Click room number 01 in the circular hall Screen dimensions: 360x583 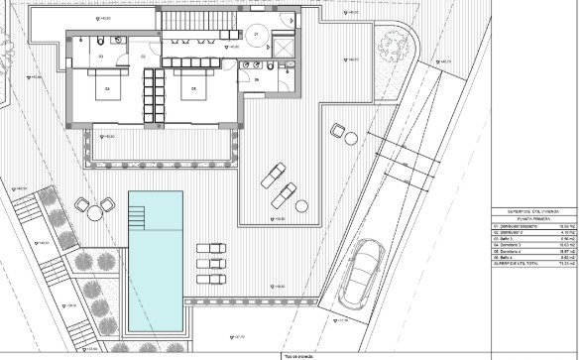256,35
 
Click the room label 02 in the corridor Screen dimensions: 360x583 143,57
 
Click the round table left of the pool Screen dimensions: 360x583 95,210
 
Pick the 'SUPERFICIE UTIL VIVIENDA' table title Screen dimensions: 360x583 534,213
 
